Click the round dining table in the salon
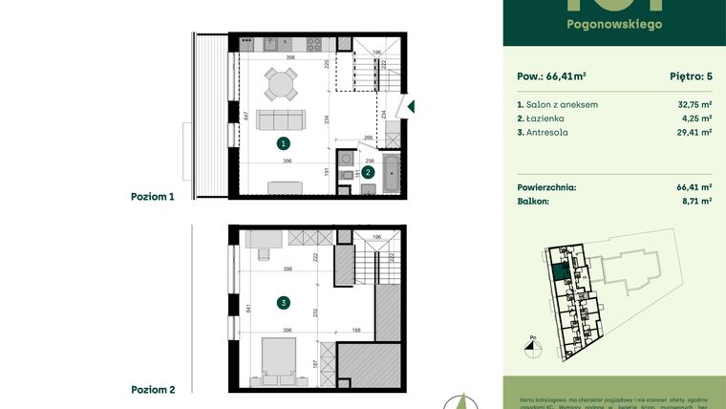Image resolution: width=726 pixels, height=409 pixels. (x=280, y=84)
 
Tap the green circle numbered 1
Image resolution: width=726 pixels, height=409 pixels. (x=283, y=143)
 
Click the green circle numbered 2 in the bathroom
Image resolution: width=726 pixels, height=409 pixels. (x=368, y=172)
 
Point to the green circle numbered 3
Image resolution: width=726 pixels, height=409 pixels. (x=283, y=303)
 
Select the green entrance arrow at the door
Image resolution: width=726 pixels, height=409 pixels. (x=410, y=107)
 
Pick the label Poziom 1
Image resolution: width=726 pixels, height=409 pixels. (x=153, y=196)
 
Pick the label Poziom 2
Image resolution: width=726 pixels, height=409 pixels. (x=153, y=390)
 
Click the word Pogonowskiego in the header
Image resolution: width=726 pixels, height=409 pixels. (x=614, y=24)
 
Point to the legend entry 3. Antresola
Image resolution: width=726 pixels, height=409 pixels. (x=543, y=133)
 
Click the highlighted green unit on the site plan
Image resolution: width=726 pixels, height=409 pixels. (x=561, y=273)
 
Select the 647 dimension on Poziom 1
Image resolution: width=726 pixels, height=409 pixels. (x=246, y=117)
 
